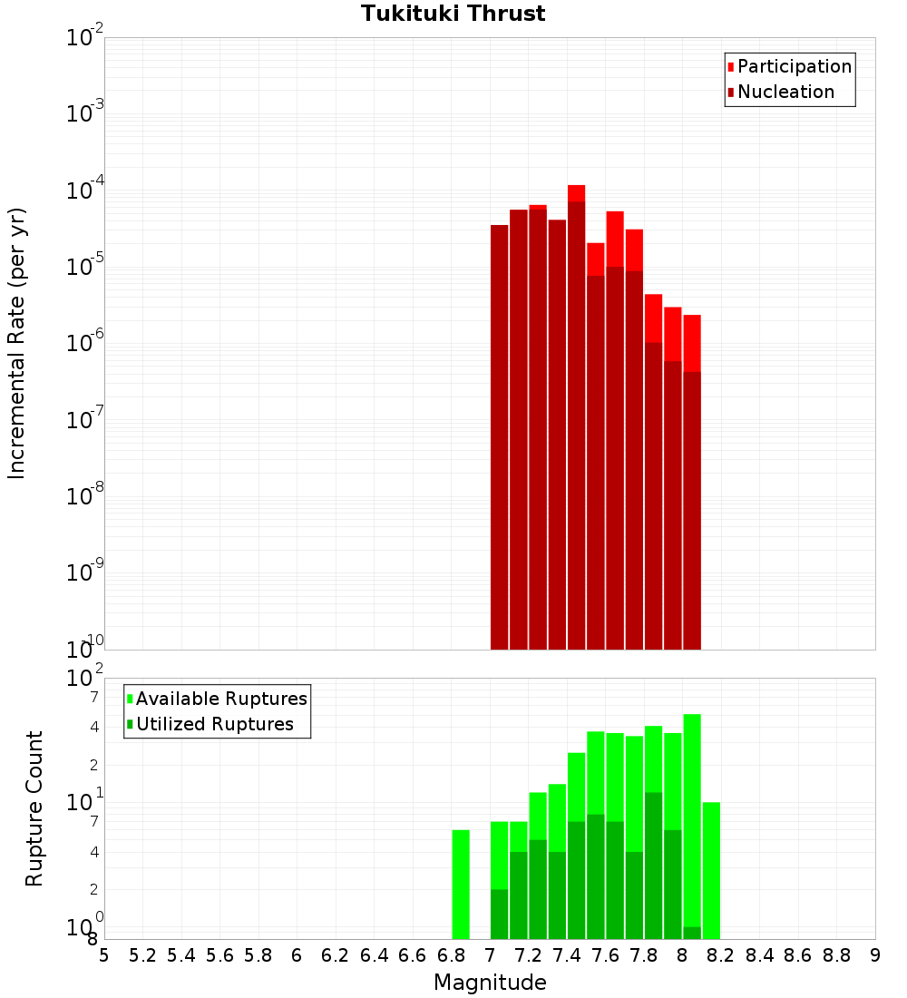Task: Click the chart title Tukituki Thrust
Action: pos(453,14)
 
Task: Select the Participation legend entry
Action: pos(794,66)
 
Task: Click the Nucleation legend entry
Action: pos(785,92)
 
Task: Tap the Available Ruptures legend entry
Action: pos(220,699)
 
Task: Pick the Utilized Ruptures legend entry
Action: pos(214,724)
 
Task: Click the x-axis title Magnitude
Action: pos(490,983)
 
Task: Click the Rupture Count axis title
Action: pos(34,807)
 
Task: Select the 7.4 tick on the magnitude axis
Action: pos(567,955)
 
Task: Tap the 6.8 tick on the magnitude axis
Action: pos(451,955)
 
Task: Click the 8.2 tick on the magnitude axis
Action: pos(721,955)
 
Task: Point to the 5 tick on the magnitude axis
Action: pos(104,955)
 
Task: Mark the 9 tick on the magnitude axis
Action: pos(875,955)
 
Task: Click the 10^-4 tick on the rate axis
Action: pos(85,191)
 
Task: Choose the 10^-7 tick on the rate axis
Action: pos(85,420)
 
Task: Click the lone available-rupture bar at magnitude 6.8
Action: pos(461,884)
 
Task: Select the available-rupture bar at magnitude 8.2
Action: pos(711,870)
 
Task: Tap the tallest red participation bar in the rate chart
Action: pos(576,193)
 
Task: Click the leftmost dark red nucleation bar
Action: pos(499,435)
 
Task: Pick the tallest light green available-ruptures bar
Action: pos(692,817)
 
